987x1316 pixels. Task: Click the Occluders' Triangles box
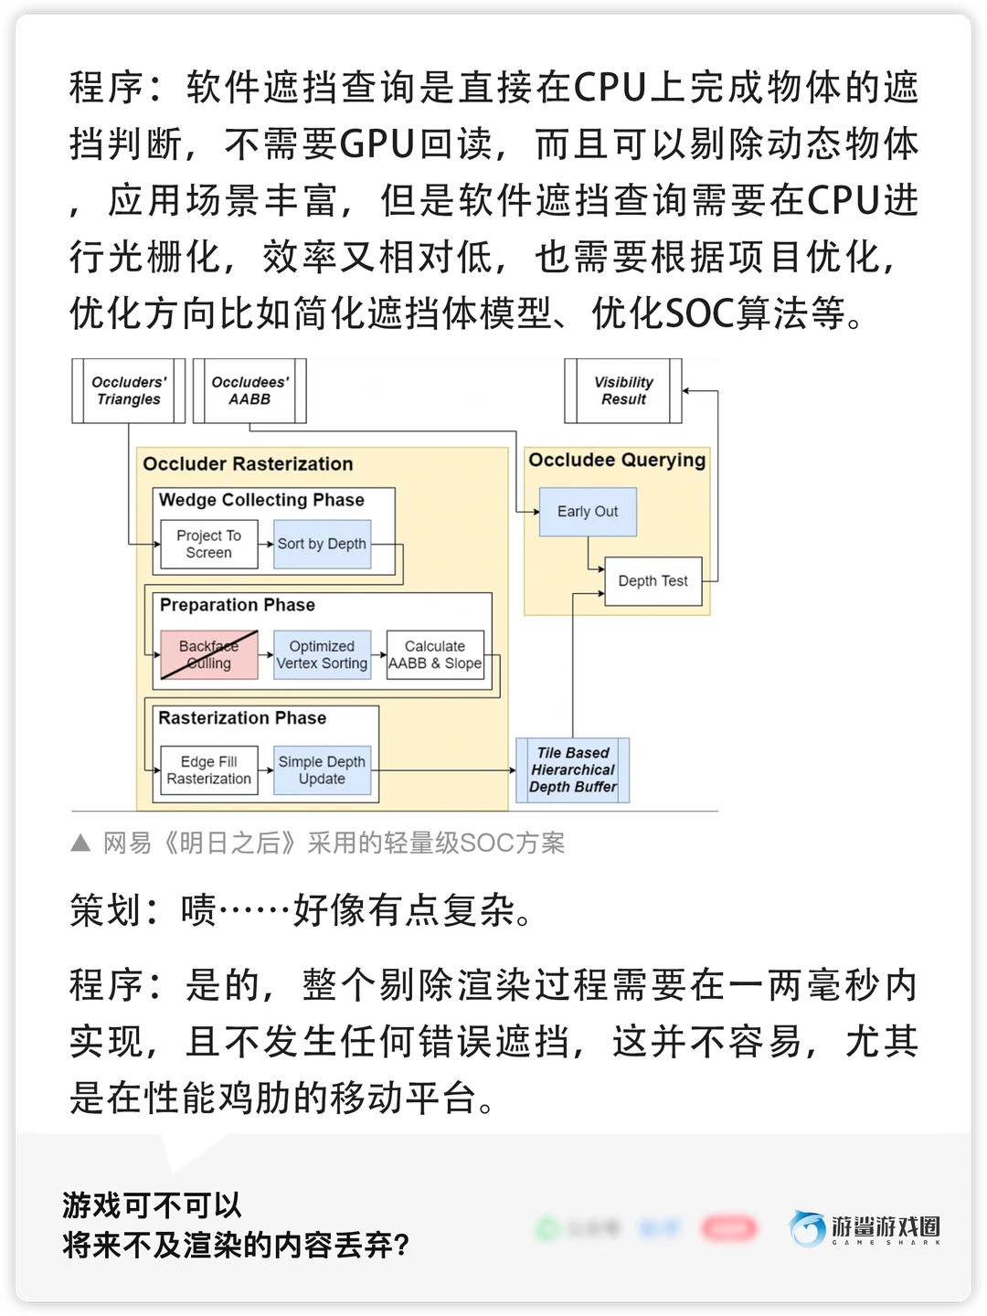(129, 391)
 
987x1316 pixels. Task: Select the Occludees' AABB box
(249, 391)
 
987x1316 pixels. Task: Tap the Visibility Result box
(623, 391)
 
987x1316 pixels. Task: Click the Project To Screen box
(208, 544)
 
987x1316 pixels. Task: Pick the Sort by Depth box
(322, 544)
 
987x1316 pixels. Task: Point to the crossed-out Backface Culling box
(208, 654)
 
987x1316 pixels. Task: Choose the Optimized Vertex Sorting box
(322, 654)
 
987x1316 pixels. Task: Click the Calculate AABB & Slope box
(435, 654)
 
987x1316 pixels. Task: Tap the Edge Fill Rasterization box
(208, 770)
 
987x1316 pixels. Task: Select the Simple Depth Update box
(322, 770)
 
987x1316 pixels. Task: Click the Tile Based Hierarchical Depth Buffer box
(573, 770)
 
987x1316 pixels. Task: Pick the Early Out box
(588, 512)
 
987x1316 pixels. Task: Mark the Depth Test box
(653, 581)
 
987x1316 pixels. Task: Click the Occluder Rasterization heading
(248, 464)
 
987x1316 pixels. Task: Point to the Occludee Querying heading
(617, 460)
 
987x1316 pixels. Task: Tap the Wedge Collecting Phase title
(261, 500)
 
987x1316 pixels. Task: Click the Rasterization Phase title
(242, 718)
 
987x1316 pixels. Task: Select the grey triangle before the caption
(80, 843)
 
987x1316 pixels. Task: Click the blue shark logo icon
(808, 1229)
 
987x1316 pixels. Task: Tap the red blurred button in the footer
(728, 1229)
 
